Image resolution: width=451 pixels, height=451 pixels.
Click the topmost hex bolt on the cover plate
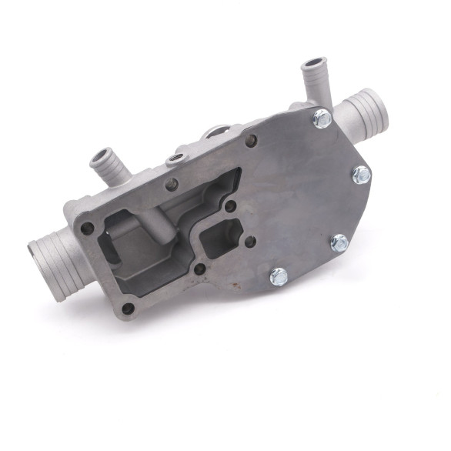pos(322,119)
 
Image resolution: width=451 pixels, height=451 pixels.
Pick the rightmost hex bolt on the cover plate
pos(361,175)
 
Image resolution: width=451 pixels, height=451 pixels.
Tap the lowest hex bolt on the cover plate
pos(279,276)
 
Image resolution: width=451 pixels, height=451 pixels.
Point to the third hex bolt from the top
pos(339,243)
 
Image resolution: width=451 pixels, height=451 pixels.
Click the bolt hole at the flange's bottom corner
pos(129,309)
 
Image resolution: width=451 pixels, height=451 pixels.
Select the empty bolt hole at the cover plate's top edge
pos(250,139)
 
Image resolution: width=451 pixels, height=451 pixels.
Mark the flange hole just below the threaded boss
pos(172,184)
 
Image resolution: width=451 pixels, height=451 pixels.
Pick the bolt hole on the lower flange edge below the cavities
pos(200,269)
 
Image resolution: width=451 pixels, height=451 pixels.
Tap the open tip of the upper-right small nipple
pos(312,62)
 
